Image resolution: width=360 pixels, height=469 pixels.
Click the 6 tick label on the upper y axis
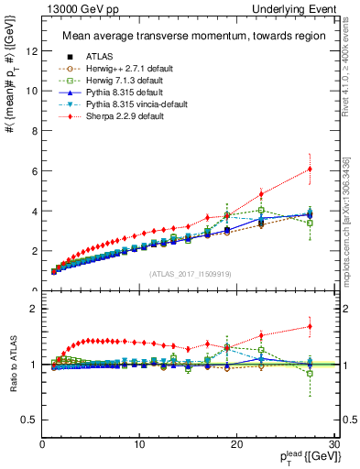pos(33,170)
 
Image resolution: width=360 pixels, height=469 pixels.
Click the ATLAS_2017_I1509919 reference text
pos(191,274)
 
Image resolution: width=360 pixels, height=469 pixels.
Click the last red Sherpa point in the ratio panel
pos(310,326)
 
